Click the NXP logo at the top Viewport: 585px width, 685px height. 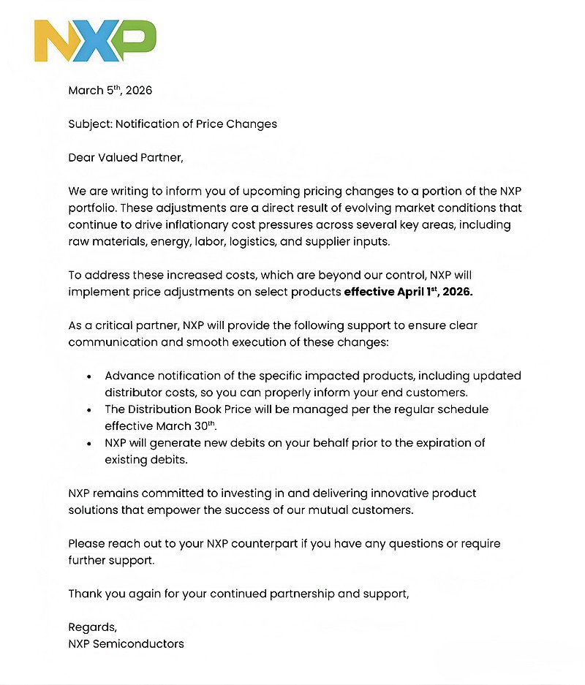click(95, 40)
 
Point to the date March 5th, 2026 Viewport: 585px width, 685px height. click(110, 91)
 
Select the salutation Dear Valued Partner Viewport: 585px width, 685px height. click(126, 157)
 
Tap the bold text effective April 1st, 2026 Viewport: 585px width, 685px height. click(409, 292)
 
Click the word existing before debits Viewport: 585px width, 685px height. click(127, 460)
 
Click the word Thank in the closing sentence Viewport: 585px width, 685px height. click(85, 594)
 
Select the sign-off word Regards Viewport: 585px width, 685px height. click(92, 628)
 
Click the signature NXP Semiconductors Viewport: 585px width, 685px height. click(126, 644)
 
